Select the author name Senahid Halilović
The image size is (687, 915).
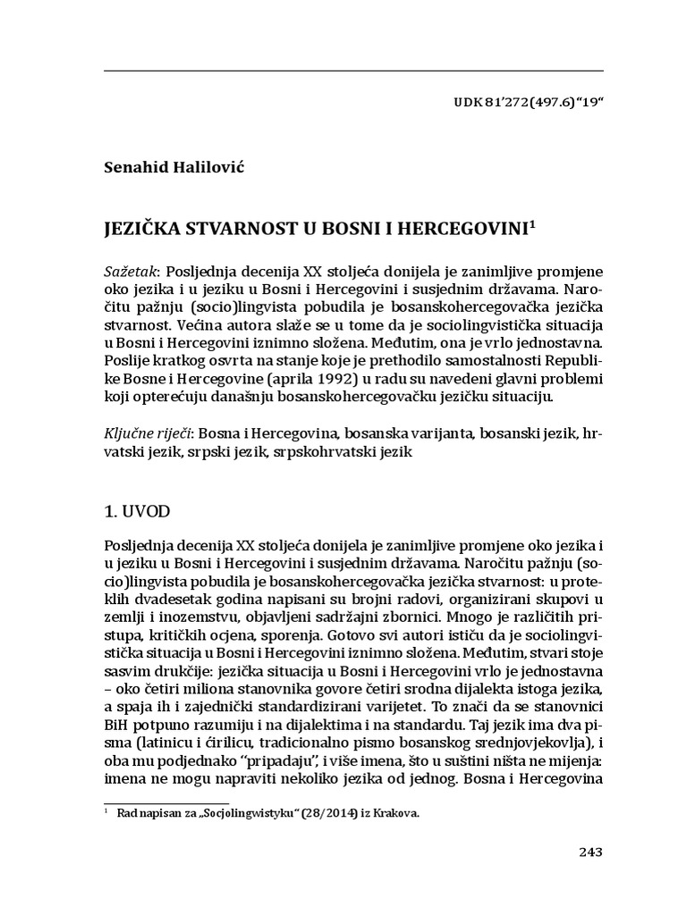tap(166, 167)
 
